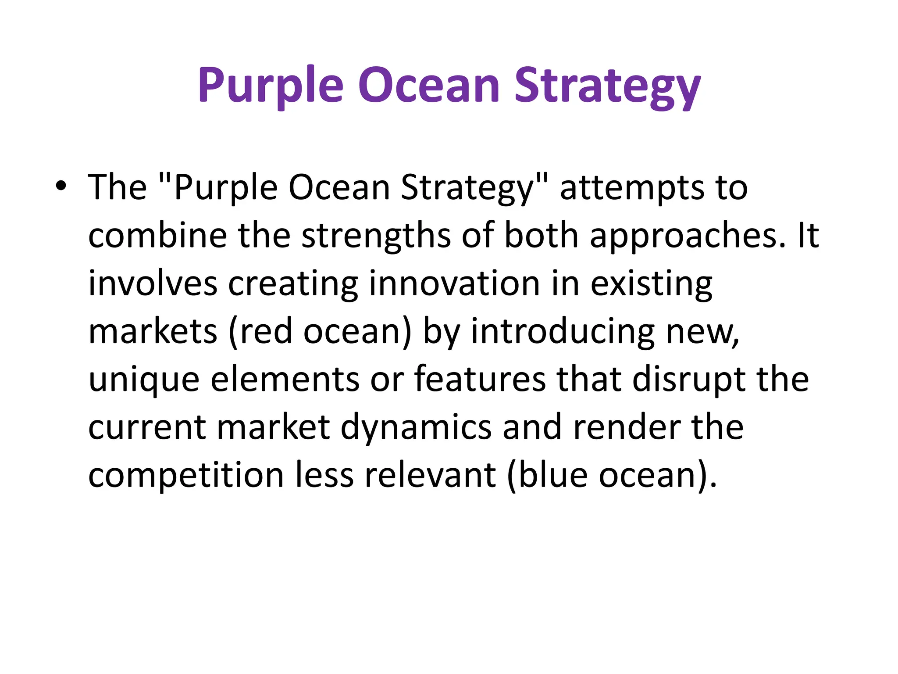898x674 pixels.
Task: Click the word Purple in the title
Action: (270, 86)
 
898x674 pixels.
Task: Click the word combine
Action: (157, 236)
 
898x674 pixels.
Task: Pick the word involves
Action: (153, 284)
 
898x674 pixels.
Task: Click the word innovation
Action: (454, 284)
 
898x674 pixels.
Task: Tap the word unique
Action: (144, 380)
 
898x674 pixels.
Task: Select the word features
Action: (480, 380)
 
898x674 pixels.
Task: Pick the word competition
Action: (186, 476)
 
